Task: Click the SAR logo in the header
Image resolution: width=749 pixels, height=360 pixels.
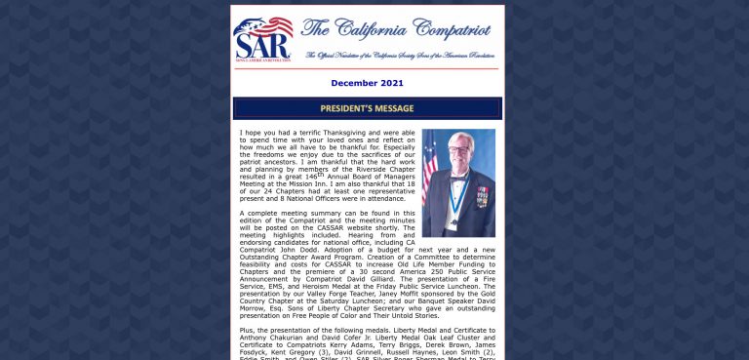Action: tap(262, 38)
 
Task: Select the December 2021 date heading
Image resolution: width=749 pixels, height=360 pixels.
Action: tap(367, 84)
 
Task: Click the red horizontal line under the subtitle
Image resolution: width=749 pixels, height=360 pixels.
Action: tap(367, 68)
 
